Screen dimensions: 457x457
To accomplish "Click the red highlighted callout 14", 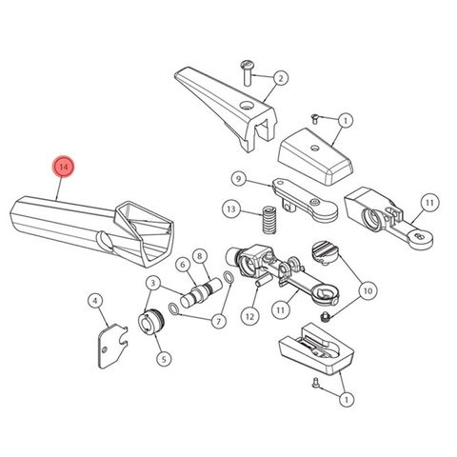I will (x=64, y=168).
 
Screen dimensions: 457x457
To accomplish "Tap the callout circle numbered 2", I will (x=282, y=78).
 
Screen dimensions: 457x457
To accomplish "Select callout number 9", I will (x=239, y=178).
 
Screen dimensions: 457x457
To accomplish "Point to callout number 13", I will (x=231, y=209).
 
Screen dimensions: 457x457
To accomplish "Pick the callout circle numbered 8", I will (x=200, y=256).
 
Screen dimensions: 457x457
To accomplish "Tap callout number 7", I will (x=219, y=322).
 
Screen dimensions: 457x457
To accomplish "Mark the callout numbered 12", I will (x=250, y=315).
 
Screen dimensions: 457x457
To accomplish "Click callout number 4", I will (x=96, y=302).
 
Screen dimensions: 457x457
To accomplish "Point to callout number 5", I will (x=163, y=359).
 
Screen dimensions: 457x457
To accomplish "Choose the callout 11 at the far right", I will (x=430, y=204).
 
